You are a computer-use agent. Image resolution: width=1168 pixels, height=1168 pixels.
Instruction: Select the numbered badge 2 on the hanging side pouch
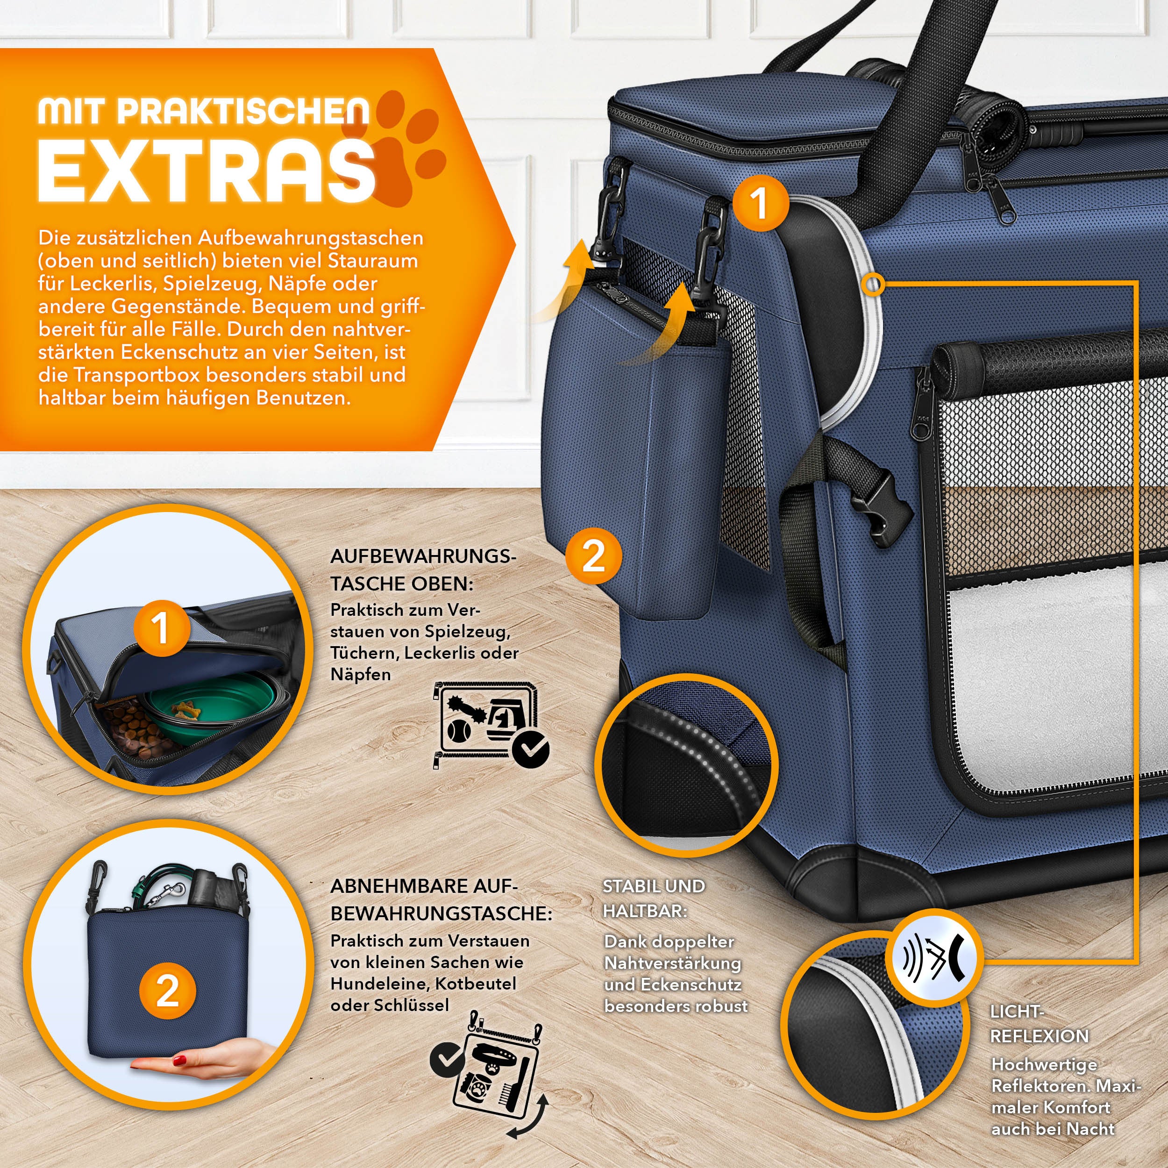(593, 556)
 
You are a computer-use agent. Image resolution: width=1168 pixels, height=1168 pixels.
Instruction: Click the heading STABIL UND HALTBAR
(654, 898)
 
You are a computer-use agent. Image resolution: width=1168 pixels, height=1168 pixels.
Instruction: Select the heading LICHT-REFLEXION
(1039, 1024)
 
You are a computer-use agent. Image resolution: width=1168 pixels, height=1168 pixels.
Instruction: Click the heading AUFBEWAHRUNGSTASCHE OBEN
(423, 570)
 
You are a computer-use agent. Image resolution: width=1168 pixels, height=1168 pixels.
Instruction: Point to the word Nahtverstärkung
(672, 962)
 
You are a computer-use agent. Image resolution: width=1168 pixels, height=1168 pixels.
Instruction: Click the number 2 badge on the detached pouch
(167, 990)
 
